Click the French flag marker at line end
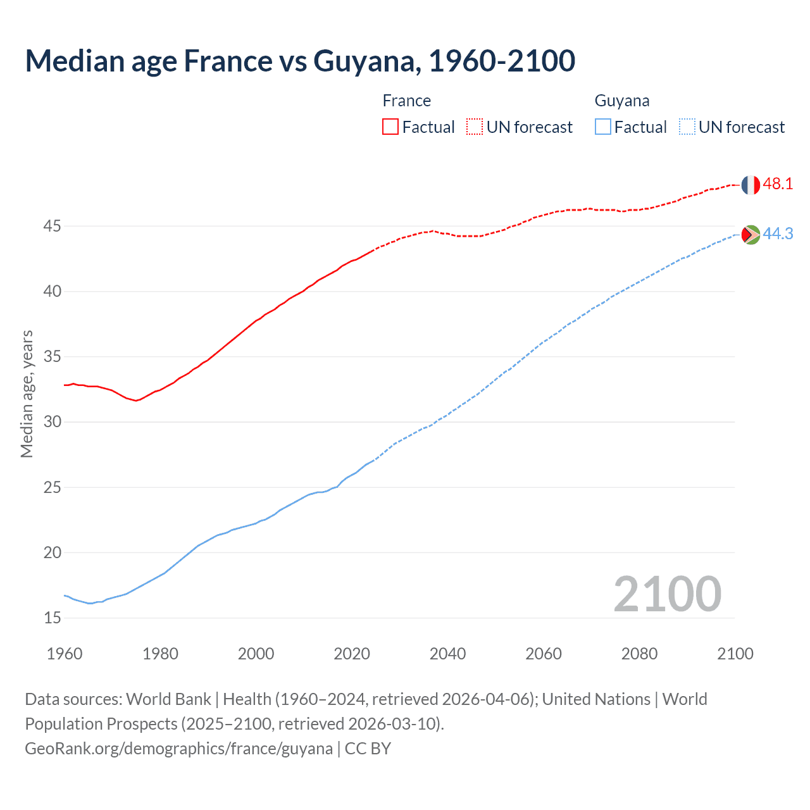click(751, 185)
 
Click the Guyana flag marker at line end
click(751, 234)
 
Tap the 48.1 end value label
click(778, 184)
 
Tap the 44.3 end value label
click(778, 234)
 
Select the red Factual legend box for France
click(390, 127)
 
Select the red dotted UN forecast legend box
click(475, 127)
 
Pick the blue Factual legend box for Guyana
click(603, 127)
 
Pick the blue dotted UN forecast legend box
click(687, 127)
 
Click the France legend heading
click(406, 101)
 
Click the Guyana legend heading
click(621, 101)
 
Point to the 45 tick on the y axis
click(53, 226)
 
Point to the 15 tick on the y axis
click(53, 618)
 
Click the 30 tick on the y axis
click(53, 422)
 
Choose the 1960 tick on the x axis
click(65, 654)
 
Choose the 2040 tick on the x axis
click(447, 654)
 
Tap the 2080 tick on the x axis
click(639, 654)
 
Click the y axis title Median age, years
click(27, 394)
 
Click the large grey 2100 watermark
click(668, 594)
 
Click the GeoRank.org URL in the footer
click(178, 749)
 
